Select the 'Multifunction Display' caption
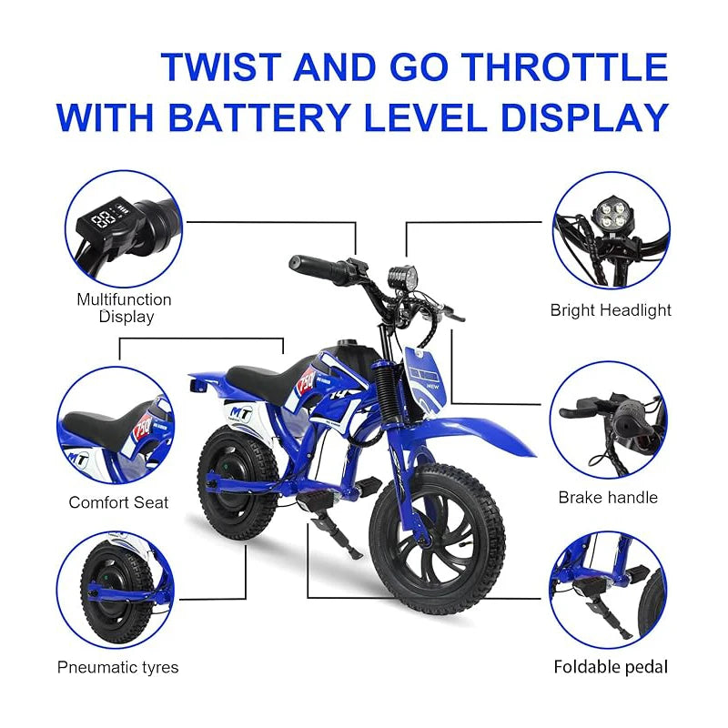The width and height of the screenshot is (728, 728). pos(124,308)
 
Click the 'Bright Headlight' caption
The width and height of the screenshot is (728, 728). pos(611,310)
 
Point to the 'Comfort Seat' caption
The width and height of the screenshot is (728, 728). pos(119,502)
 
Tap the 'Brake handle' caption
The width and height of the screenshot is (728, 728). pos(608,498)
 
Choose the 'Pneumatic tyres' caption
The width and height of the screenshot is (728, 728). pos(118,667)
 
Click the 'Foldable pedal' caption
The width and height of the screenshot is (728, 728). pos(611,667)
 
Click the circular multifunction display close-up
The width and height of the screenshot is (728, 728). pos(123,228)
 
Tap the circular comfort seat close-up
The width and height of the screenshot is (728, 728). pos(116,425)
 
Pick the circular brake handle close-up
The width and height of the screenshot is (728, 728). pos(608,420)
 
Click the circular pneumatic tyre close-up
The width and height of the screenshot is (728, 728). pos(116,590)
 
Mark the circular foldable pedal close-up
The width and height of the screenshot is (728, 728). pos(608,590)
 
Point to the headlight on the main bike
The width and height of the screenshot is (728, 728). pos(403,276)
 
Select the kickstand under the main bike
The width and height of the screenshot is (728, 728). pos(338,536)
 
